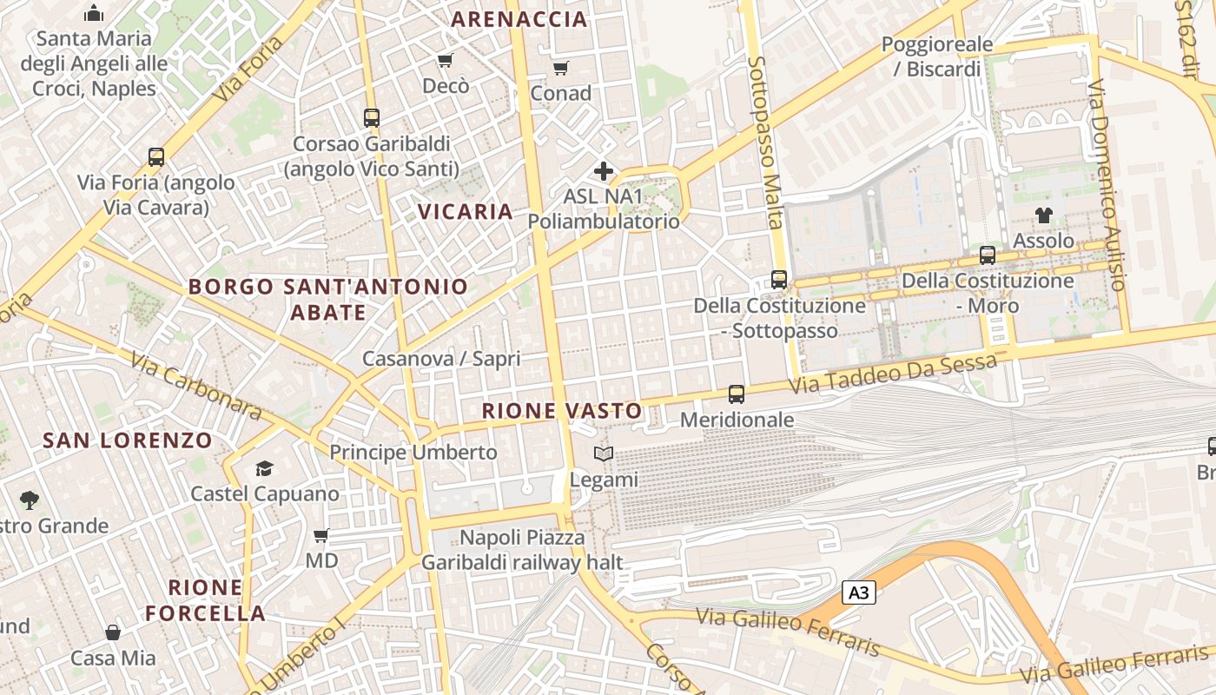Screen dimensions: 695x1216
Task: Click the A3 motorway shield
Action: pyautogui.click(x=858, y=593)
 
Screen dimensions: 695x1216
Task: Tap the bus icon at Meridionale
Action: pyautogui.click(x=737, y=394)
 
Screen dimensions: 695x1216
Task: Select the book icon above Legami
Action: pyautogui.click(x=604, y=453)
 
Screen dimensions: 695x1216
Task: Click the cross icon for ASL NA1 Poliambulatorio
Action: pyautogui.click(x=604, y=171)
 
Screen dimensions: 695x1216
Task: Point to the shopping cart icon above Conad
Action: pyautogui.click(x=561, y=68)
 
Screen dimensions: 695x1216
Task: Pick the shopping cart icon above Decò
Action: pyautogui.click(x=446, y=60)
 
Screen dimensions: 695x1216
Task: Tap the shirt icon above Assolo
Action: pyautogui.click(x=1043, y=215)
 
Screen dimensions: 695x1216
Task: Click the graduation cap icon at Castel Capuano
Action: pyautogui.click(x=264, y=469)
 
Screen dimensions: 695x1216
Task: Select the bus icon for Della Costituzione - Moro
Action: pyautogui.click(x=988, y=255)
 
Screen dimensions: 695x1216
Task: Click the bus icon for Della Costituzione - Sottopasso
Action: pyautogui.click(x=779, y=280)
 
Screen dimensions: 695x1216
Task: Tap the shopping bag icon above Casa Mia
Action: pyautogui.click(x=113, y=632)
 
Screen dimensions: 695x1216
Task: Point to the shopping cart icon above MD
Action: pyautogui.click(x=321, y=536)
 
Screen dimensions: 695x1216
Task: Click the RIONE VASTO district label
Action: pyautogui.click(x=562, y=411)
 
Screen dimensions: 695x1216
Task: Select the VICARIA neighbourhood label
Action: pyautogui.click(x=466, y=211)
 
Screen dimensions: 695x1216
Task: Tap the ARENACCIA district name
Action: pyautogui.click(x=519, y=19)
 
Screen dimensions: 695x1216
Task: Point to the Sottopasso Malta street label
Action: pyautogui.click(x=765, y=143)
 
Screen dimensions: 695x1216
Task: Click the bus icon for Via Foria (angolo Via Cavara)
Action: pyautogui.click(x=156, y=157)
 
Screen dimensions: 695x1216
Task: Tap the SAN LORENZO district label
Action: pyautogui.click(x=128, y=440)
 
